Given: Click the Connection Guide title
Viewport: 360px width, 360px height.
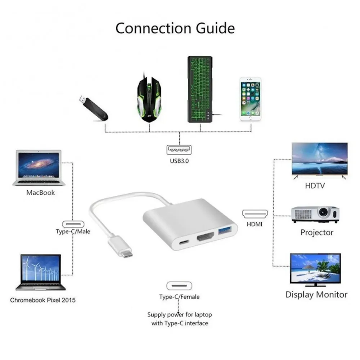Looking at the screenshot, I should [175, 28].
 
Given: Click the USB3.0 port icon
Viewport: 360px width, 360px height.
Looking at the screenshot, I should [179, 149].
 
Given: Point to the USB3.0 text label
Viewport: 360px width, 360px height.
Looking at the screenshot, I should [179, 161].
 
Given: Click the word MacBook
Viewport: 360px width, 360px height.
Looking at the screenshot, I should [40, 193].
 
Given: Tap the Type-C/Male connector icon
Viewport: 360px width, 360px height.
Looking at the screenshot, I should [73, 223].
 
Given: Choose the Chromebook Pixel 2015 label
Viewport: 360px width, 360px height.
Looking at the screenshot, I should [43, 300].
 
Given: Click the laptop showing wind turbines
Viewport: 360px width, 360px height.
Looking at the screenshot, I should [41, 272].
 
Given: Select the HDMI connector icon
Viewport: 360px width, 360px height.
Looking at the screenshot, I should [255, 214].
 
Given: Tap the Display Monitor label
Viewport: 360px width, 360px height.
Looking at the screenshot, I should [316, 294].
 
